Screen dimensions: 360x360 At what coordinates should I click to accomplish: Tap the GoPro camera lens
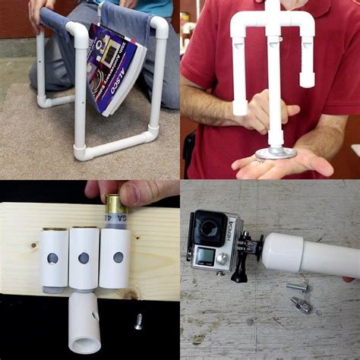pyautogui.click(x=206, y=227)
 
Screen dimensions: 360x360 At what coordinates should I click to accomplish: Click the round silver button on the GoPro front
pyautogui.click(x=222, y=258)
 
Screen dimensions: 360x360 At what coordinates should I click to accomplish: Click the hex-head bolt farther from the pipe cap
pyautogui.click(x=302, y=306)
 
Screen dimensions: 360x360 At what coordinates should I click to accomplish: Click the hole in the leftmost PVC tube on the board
pyautogui.click(x=52, y=258)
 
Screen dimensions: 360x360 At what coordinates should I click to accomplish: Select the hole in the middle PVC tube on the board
pyautogui.click(x=84, y=258)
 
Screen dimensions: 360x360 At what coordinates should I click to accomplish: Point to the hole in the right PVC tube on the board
pyautogui.click(x=118, y=257)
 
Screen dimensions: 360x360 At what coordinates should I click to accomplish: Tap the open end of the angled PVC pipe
pyautogui.click(x=85, y=341)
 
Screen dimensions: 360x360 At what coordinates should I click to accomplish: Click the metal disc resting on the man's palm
pyautogui.click(x=275, y=153)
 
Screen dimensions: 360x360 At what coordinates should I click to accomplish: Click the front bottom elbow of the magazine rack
pyautogui.click(x=81, y=153)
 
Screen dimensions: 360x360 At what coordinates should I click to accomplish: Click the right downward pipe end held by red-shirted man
pyautogui.click(x=307, y=79)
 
